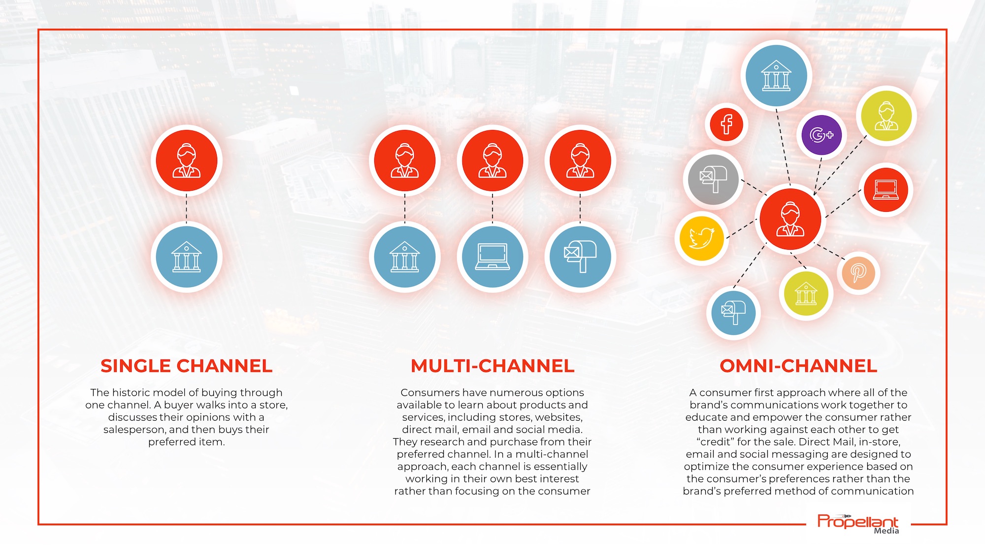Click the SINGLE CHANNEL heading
pyautogui.click(x=186, y=366)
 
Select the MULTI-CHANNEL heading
pyautogui.click(x=492, y=366)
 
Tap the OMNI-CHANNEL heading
pyautogui.click(x=798, y=366)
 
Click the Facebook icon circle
pyautogui.click(x=726, y=124)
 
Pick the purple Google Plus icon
pyautogui.click(x=821, y=135)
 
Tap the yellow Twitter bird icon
pyautogui.click(x=701, y=238)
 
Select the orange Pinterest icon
pyautogui.click(x=858, y=272)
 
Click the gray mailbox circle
pyautogui.click(x=713, y=179)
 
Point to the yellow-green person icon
pyautogui.click(x=886, y=116)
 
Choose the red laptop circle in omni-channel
pyautogui.click(x=886, y=190)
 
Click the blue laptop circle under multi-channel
pyautogui.click(x=492, y=257)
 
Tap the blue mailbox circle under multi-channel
pyautogui.click(x=580, y=257)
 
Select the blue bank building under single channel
pyautogui.click(x=187, y=257)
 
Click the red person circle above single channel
pyautogui.click(x=187, y=161)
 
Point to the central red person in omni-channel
pyautogui.click(x=790, y=219)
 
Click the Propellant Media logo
pyautogui.click(x=858, y=524)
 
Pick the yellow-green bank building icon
pyautogui.click(x=806, y=293)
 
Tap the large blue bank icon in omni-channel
pyautogui.click(x=776, y=76)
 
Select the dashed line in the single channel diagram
pyautogui.click(x=187, y=209)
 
